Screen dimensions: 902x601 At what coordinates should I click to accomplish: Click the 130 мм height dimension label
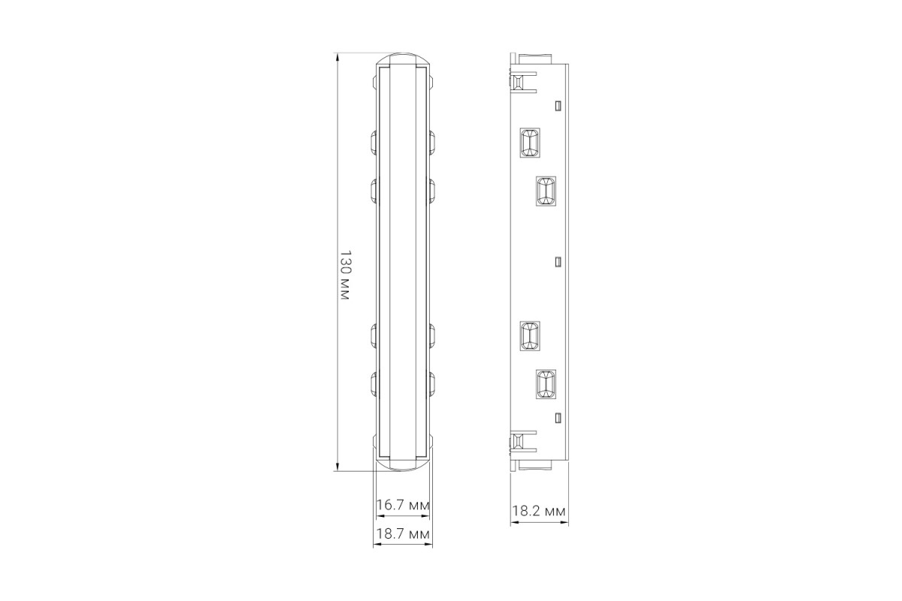[346, 275]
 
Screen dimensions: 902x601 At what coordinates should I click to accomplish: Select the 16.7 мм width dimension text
[403, 505]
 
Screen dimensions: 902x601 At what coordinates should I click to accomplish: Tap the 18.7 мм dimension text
[403, 534]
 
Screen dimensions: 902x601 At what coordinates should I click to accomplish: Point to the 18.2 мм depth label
[539, 512]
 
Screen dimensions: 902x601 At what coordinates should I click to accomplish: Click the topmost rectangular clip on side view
[529, 143]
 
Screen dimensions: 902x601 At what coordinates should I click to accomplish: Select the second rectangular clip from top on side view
[546, 192]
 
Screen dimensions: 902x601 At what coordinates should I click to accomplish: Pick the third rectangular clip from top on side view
[529, 336]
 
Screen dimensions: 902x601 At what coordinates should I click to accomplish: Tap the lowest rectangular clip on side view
[546, 385]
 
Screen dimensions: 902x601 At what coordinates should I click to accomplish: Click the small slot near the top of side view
[558, 106]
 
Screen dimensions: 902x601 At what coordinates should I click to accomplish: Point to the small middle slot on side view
[558, 262]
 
